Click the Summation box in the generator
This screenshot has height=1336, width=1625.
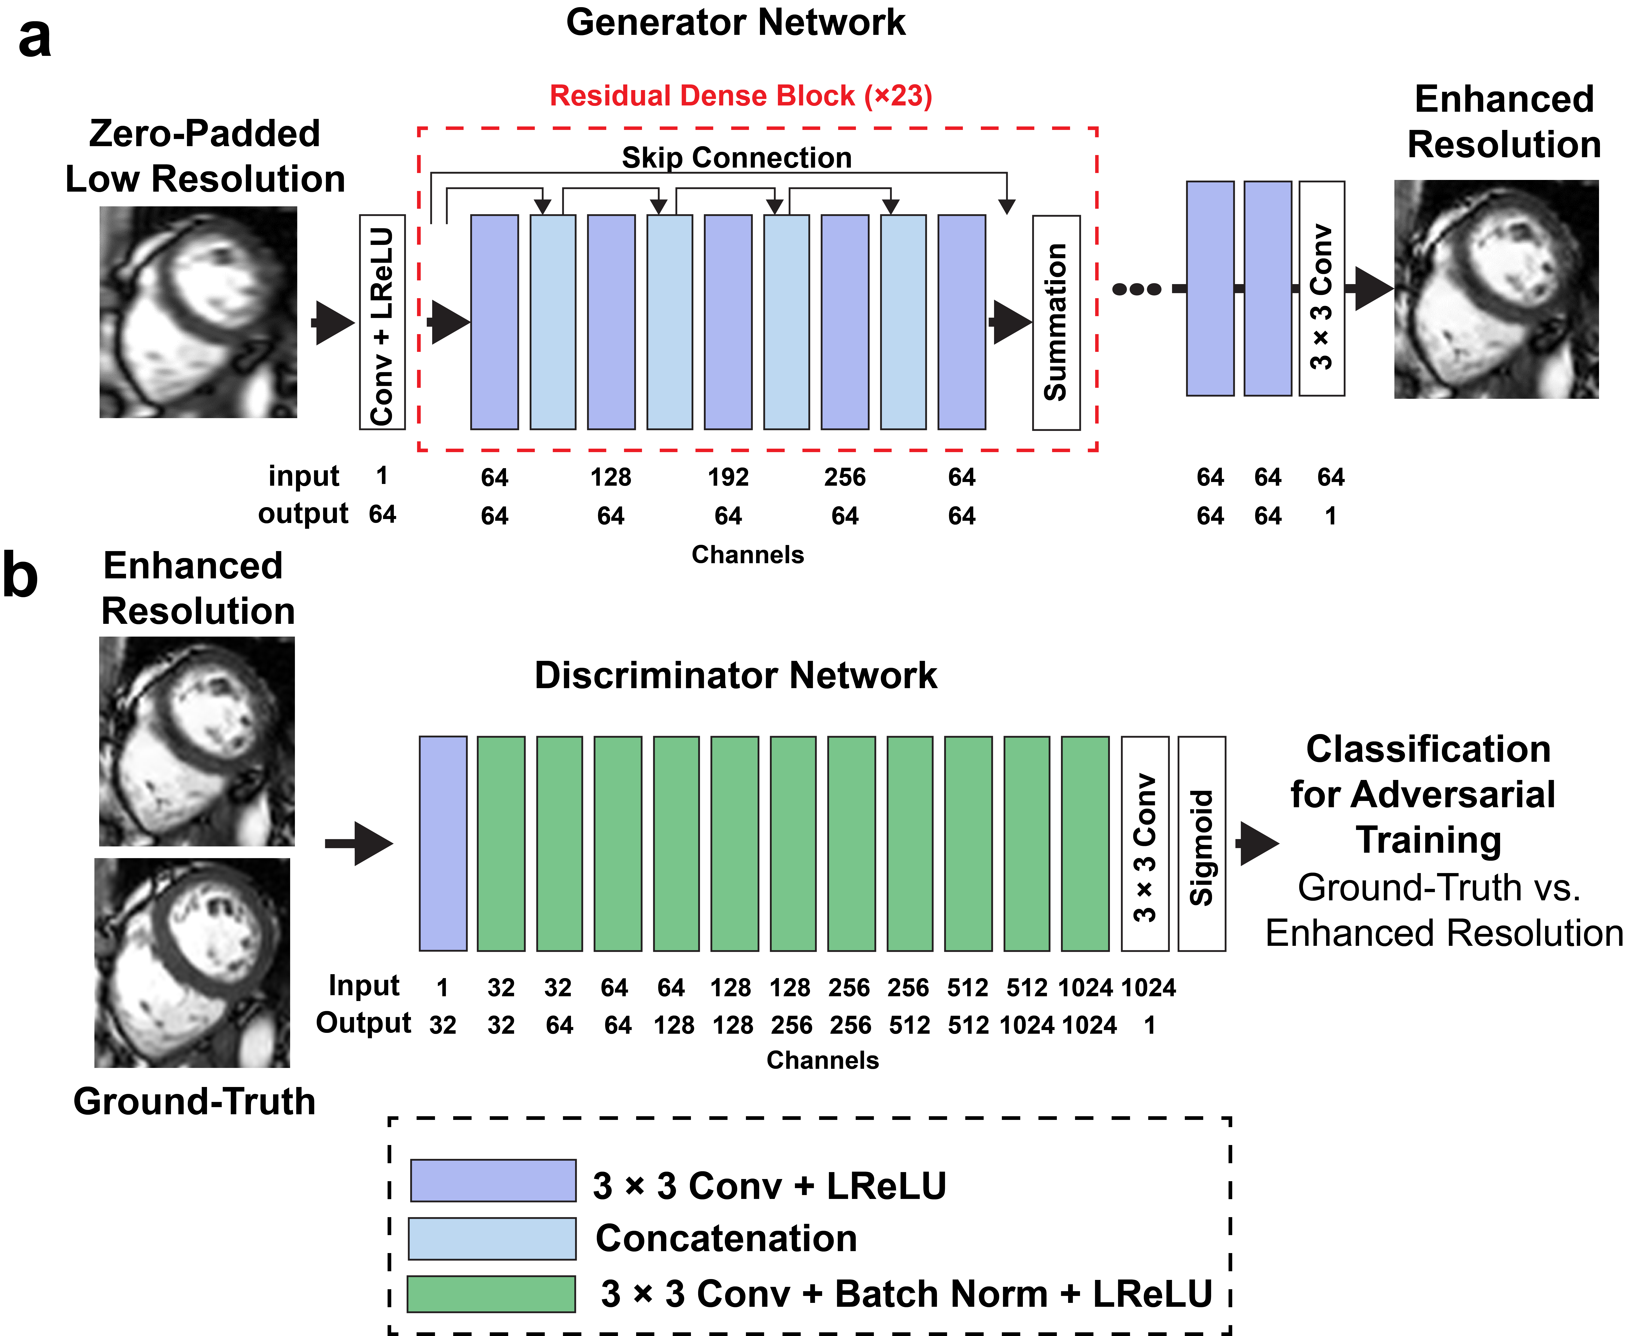coord(1056,322)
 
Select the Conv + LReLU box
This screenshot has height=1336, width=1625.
coord(382,322)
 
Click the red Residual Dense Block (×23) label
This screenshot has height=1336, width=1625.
coord(740,95)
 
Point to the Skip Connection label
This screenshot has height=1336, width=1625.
coord(736,158)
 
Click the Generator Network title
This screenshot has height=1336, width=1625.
coord(736,22)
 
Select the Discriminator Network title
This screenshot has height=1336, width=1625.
coord(736,675)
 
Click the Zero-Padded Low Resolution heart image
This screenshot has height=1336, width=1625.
coord(198,312)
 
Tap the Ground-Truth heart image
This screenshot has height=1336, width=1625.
coord(192,963)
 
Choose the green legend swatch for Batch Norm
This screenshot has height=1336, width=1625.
coord(491,1294)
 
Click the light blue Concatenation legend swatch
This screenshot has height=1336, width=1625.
coord(492,1238)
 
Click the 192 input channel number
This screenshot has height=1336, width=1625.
coord(728,477)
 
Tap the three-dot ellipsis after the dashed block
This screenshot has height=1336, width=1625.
coord(1137,289)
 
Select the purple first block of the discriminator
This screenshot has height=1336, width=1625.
coord(442,843)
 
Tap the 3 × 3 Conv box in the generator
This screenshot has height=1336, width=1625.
coord(1321,289)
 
